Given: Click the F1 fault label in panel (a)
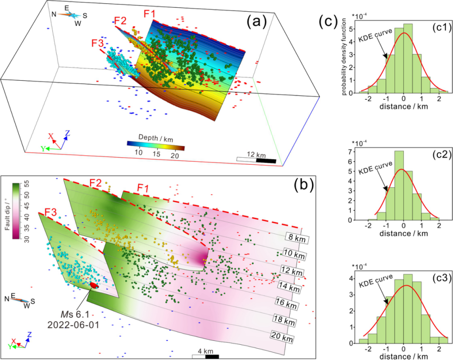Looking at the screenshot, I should pyautogui.click(x=150, y=14).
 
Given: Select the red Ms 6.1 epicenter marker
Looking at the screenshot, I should pyautogui.click(x=93, y=285).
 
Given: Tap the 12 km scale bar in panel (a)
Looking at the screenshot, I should pyautogui.click(x=256, y=160).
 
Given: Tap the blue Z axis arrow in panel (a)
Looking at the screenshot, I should pyautogui.click(x=65, y=139).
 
